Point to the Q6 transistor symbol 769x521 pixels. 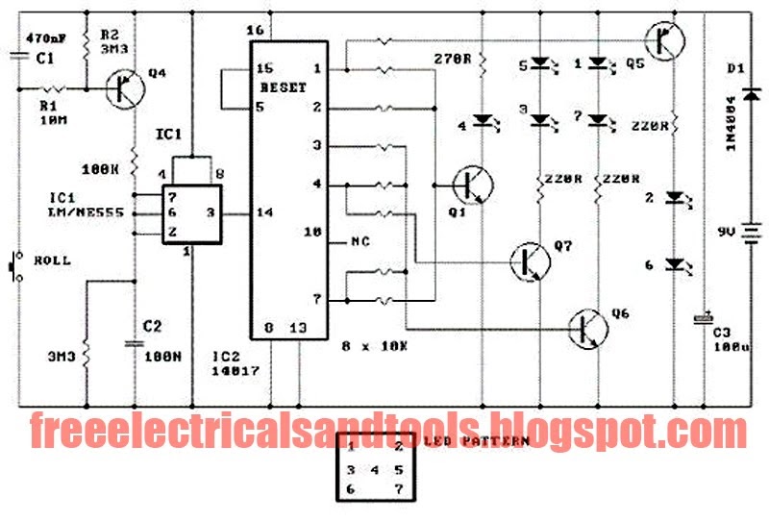coord(585,330)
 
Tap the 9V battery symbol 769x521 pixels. coord(753,233)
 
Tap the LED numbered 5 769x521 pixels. coord(541,65)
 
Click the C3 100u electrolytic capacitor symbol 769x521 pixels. coord(704,318)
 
